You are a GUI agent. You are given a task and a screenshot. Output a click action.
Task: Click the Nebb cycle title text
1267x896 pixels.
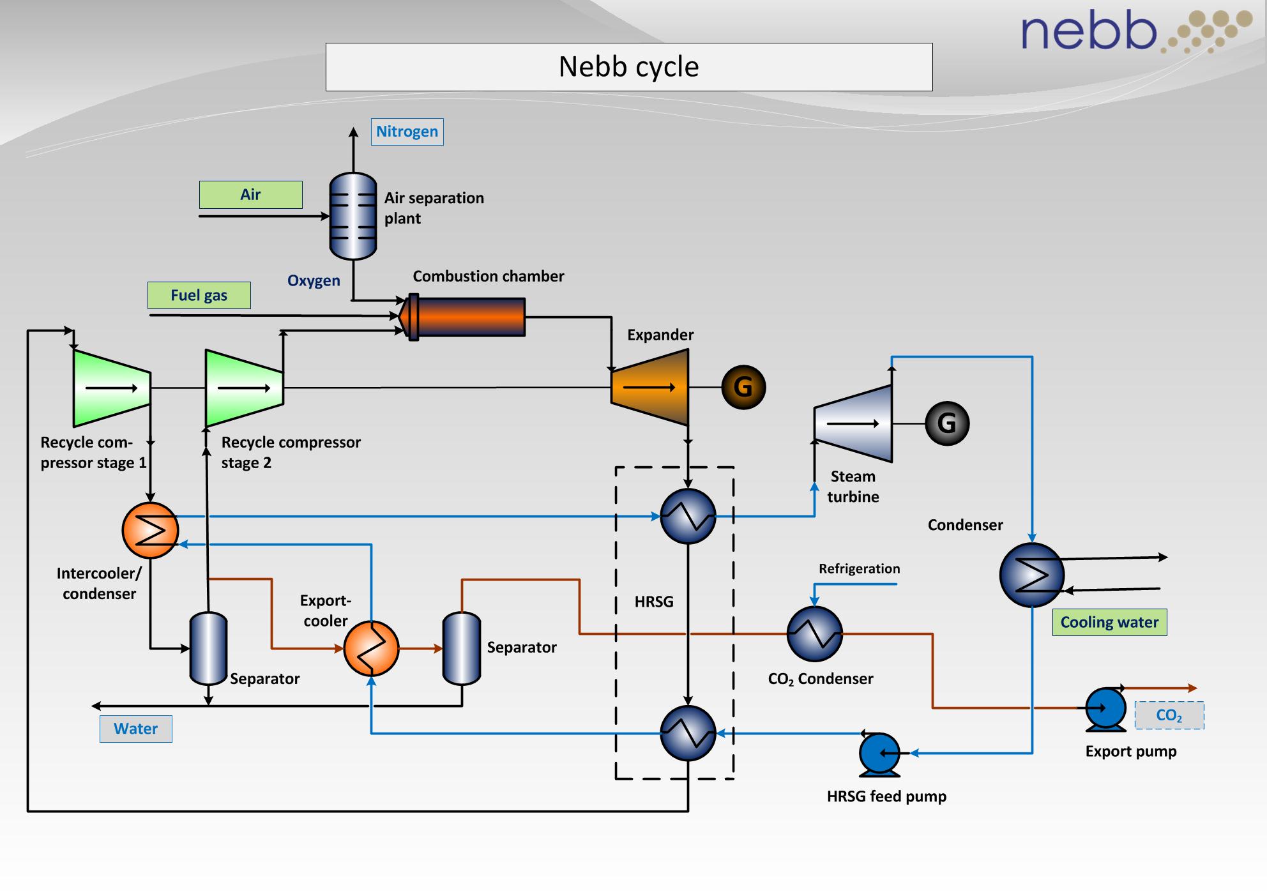click(628, 67)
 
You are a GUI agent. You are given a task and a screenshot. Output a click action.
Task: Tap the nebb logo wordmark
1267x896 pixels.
click(1089, 31)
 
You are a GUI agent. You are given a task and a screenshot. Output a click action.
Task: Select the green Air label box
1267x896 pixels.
click(250, 195)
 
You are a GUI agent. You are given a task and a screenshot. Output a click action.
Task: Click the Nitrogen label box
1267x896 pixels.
click(407, 132)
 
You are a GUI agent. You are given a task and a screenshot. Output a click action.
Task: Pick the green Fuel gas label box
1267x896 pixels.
click(199, 295)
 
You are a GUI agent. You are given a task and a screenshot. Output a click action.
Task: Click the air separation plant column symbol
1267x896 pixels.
click(353, 216)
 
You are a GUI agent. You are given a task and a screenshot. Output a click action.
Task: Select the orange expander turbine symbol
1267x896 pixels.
click(649, 387)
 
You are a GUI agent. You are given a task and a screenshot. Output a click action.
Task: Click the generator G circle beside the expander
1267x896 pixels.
click(743, 387)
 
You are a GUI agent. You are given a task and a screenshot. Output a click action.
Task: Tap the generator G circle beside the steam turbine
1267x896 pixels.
click(946, 423)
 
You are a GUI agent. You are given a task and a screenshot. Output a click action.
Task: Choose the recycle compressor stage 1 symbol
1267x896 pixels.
click(112, 388)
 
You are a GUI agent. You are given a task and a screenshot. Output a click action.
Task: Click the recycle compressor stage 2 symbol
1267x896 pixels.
click(244, 388)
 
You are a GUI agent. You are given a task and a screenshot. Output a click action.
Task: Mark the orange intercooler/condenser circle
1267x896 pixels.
click(150, 530)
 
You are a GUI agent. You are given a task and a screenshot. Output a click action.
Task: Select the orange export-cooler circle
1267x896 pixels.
click(371, 648)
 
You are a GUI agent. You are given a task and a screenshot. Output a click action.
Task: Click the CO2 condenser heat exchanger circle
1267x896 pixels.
click(814, 634)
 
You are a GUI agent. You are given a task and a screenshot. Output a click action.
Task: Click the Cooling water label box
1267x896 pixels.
click(1109, 622)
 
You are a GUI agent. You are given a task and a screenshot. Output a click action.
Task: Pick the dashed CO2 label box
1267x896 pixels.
click(1169, 715)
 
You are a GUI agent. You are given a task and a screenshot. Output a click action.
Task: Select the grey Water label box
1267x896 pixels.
click(135, 729)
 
